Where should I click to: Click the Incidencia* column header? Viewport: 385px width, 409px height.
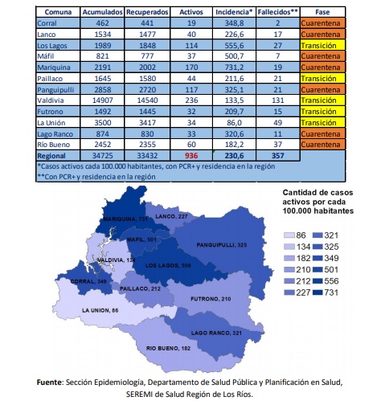point(234,12)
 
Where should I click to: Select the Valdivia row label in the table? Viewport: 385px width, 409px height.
point(51,100)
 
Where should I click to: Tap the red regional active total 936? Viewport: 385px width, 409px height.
point(191,156)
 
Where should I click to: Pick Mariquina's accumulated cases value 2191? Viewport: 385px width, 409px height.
point(102,67)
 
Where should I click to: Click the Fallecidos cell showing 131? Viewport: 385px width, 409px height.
point(277,100)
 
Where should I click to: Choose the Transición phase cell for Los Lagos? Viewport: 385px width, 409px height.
point(322,46)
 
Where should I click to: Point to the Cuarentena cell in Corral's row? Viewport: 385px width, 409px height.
point(322,23)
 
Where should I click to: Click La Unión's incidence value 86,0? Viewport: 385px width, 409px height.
point(234,123)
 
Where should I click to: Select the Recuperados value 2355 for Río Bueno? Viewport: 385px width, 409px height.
point(147,145)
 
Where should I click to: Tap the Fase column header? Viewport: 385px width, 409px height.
point(322,12)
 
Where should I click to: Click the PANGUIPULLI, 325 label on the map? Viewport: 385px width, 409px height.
point(222,245)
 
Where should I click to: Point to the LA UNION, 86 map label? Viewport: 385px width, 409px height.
point(100,310)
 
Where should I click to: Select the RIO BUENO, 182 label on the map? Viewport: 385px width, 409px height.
point(168,348)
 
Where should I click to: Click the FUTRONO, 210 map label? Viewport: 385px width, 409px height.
point(211,299)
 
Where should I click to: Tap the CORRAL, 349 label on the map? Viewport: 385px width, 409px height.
point(88,281)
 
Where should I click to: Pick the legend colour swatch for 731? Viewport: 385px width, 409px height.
point(317,292)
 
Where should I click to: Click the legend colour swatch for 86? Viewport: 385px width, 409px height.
point(289,235)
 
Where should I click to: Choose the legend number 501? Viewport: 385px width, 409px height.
point(331,269)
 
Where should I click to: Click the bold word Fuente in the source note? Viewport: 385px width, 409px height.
point(49,382)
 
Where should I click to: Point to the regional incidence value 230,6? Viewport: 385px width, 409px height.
point(234,156)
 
